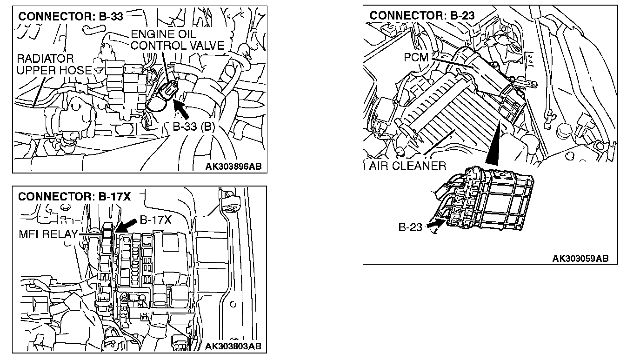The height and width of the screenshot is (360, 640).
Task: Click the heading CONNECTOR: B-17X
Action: click(74, 197)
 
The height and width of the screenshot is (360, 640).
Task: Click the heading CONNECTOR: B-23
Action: click(422, 15)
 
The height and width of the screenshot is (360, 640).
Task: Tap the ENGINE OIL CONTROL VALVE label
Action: click(177, 40)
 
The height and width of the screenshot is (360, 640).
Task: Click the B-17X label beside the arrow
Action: click(156, 220)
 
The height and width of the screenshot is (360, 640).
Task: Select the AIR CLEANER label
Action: click(407, 166)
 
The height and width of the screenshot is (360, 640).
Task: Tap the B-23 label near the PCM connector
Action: click(410, 227)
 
